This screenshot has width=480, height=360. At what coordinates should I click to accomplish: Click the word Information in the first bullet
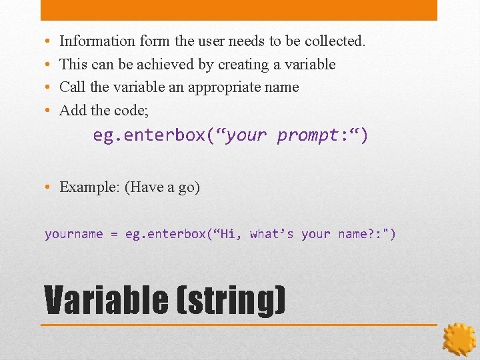coord(97,41)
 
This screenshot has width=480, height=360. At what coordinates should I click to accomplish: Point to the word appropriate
coord(226,87)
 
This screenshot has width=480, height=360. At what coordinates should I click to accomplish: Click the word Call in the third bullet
coord(72,87)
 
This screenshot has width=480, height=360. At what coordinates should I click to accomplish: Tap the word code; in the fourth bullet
coord(133,111)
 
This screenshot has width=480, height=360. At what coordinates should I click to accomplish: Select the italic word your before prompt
coord(248,136)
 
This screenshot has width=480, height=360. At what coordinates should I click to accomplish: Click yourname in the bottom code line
coord(74,234)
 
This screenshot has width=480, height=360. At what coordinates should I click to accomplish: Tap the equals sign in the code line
coord(114,234)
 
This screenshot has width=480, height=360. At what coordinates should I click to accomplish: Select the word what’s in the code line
coord(271,234)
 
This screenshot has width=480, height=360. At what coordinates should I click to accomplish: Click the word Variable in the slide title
coord(106,300)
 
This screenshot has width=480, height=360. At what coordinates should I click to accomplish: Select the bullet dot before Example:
coord(49,187)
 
